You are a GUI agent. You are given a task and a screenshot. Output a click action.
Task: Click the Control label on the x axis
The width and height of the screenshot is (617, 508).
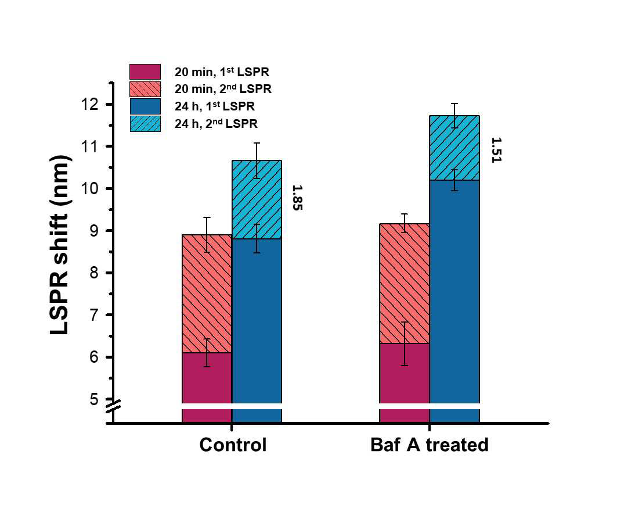coord(233,445)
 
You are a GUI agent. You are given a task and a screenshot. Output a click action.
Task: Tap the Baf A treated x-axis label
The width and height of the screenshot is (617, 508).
coord(430,445)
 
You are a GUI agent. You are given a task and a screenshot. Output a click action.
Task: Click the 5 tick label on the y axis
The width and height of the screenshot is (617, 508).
coord(94,399)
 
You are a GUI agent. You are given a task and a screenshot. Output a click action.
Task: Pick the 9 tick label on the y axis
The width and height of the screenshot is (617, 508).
coord(94,231)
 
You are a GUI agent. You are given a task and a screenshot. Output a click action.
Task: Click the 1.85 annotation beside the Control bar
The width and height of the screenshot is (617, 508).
coord(298,198)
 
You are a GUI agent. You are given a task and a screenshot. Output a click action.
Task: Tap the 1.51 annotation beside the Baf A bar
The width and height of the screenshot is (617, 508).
coord(496,150)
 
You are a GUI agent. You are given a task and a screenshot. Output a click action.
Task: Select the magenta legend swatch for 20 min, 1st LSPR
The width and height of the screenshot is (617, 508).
coord(145,71)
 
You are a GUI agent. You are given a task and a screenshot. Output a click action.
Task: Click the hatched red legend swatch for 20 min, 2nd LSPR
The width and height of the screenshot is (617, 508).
coord(145,89)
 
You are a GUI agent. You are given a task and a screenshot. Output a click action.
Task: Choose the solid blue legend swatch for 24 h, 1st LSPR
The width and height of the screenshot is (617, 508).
coord(145,106)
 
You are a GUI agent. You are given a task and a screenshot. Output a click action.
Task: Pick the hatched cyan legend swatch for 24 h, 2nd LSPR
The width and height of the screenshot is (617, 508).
coord(145,124)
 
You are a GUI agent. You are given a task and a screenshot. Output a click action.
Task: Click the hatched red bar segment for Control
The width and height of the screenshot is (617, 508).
coord(207,294)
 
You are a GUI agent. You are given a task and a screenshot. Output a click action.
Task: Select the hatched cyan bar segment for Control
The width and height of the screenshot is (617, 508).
coord(257,199)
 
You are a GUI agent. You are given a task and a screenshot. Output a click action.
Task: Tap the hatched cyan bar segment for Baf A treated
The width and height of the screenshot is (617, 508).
coord(454,148)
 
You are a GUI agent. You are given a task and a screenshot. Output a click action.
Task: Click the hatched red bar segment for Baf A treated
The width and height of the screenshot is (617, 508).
coord(404,284)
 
